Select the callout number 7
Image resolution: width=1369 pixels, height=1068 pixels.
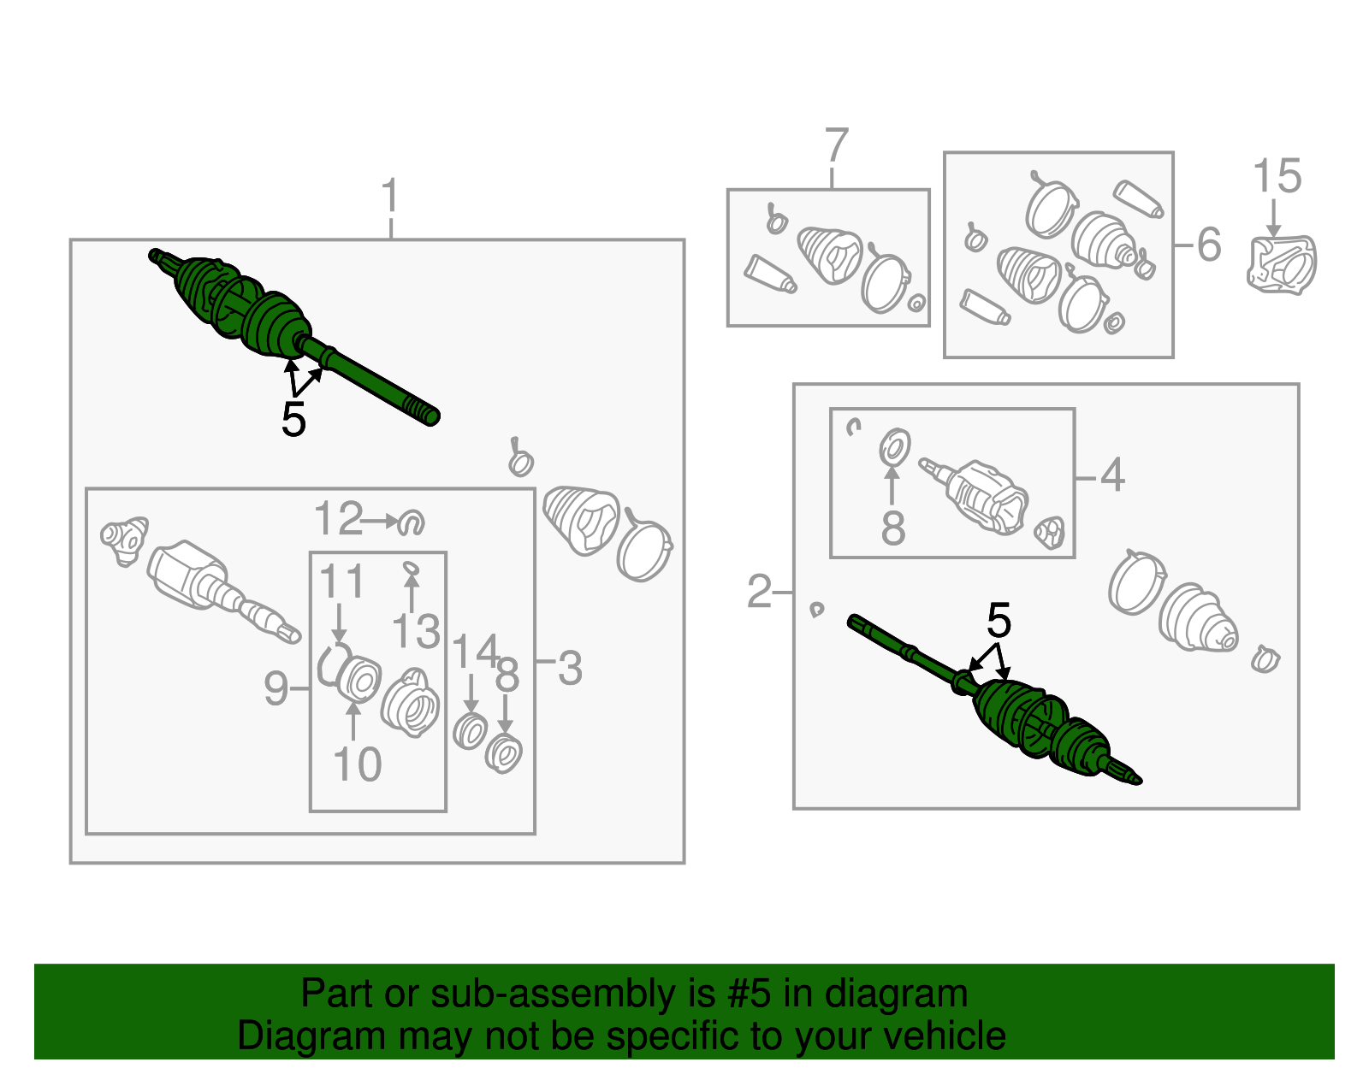[x=838, y=146]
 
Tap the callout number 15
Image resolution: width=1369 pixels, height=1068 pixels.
[x=1277, y=175]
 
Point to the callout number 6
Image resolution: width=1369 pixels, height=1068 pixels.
[x=1208, y=245]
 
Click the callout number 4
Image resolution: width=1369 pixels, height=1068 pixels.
[x=1112, y=475]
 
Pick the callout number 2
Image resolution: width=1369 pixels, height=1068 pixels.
[x=759, y=592]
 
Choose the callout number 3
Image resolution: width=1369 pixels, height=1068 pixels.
[x=570, y=668]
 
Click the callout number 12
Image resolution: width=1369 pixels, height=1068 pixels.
[x=339, y=518]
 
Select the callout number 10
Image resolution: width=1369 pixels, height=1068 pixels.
[x=357, y=764]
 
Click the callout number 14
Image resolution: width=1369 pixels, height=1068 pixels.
[x=476, y=651]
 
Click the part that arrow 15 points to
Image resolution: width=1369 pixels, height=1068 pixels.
[x=1282, y=263]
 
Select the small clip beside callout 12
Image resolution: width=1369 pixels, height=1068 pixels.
[x=412, y=522]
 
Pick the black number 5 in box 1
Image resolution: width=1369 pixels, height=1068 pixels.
[x=293, y=419]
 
